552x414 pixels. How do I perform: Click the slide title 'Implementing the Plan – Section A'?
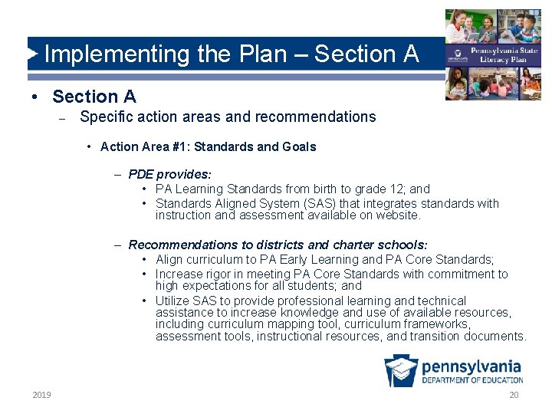232,54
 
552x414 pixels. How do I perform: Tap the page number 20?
514,395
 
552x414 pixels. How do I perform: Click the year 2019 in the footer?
42,395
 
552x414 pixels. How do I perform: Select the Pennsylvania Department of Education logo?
453,370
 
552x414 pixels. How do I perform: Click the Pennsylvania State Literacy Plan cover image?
493,54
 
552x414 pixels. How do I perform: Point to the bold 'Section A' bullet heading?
94,97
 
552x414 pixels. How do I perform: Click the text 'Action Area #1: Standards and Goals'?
208,146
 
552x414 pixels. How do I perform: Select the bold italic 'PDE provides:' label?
169,174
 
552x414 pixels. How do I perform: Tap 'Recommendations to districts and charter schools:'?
278,245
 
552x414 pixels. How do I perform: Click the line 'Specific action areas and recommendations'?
228,117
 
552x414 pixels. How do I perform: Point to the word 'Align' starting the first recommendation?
169,259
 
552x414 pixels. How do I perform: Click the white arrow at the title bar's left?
33,54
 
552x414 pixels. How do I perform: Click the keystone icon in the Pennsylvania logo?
401,370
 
